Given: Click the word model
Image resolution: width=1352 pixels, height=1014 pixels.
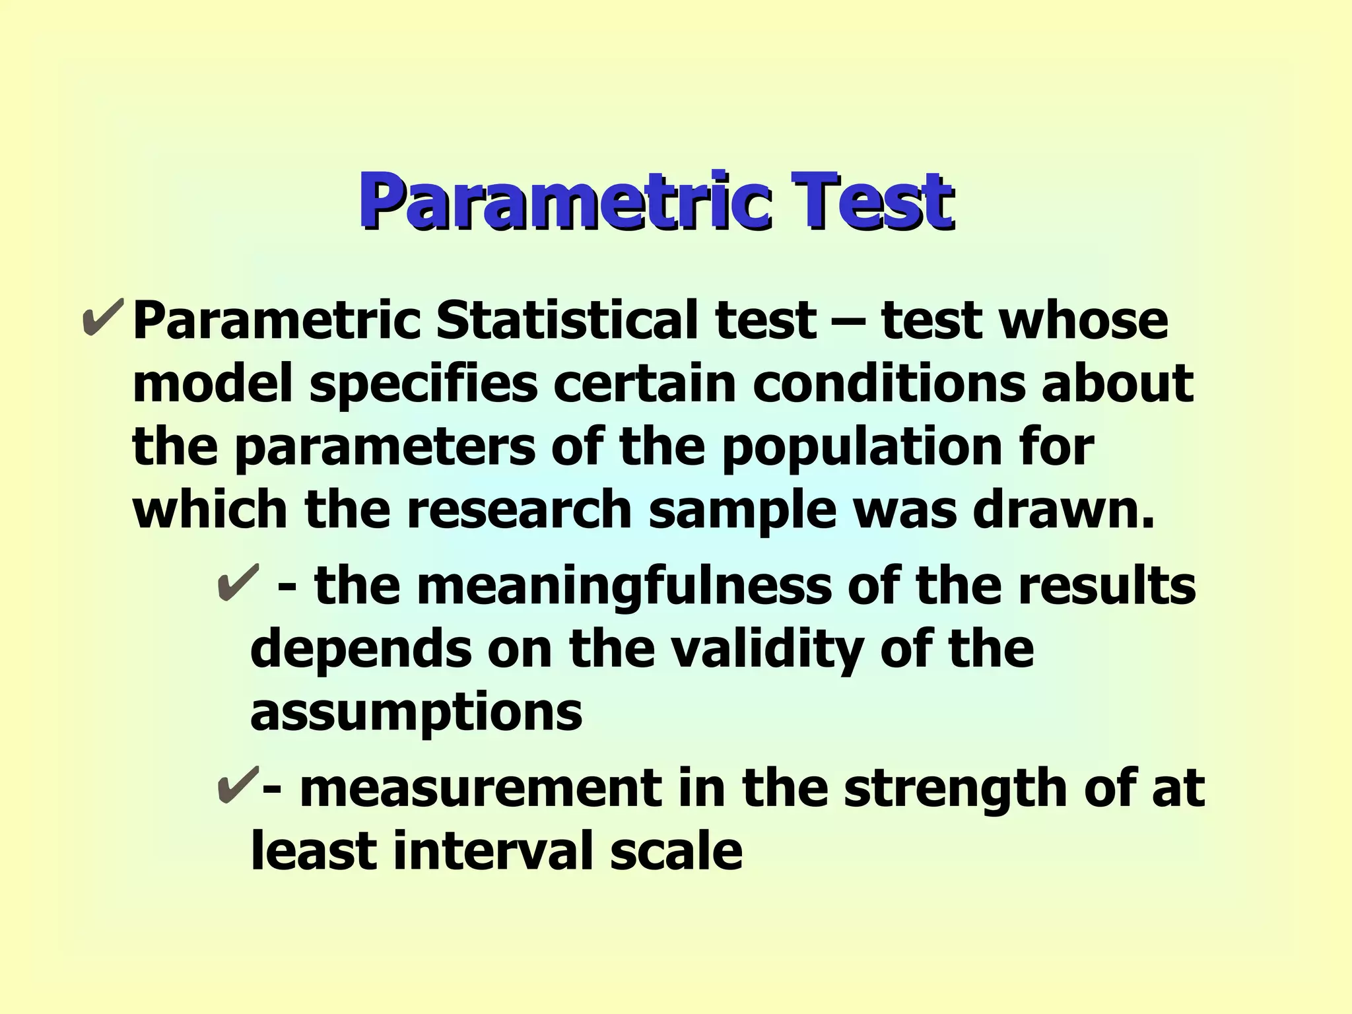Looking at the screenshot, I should point(213,384).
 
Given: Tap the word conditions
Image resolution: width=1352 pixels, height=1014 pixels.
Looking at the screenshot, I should point(889,384).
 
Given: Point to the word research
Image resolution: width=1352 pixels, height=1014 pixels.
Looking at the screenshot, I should point(519,510).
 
